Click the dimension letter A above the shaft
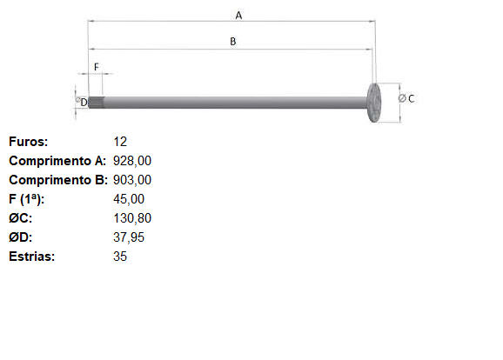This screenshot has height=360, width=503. [x=238, y=16]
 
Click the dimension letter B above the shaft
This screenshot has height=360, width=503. [x=233, y=42]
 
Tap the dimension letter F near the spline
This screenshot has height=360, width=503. [x=97, y=67]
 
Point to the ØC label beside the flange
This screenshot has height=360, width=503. [x=406, y=98]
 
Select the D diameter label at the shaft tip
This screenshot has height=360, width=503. [x=82, y=102]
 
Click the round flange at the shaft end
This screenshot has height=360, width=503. [x=373, y=103]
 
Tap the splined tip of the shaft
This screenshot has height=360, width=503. [x=97, y=103]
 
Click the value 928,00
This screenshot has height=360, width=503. [x=132, y=161]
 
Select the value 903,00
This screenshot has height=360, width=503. [x=132, y=180]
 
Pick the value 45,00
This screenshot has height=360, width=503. [x=129, y=199]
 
